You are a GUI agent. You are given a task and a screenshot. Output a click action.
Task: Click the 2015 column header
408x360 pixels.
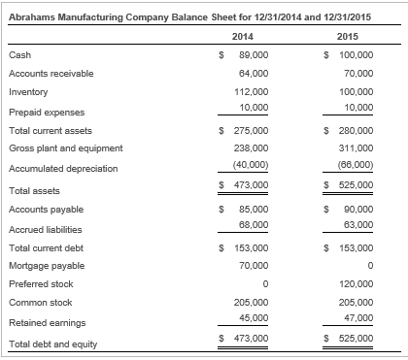358,37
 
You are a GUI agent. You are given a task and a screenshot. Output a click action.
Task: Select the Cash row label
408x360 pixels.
19,55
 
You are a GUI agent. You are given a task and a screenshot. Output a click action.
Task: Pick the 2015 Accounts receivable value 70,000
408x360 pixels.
358,74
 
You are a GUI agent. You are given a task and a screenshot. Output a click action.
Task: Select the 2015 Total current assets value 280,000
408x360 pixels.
357,130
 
